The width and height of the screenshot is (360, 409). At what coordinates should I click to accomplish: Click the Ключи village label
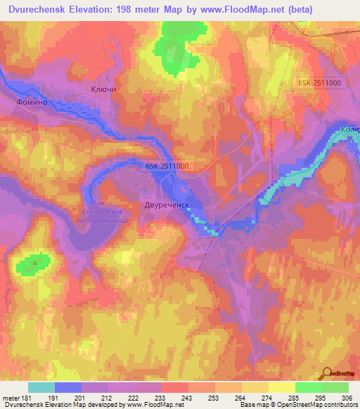(103, 90)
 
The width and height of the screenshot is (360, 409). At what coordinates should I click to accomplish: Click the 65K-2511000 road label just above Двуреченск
(167, 166)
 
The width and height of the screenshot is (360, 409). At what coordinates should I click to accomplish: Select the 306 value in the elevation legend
(349, 397)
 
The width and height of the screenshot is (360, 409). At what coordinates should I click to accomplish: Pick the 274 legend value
(269, 397)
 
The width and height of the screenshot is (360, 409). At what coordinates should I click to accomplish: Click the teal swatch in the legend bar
(41, 387)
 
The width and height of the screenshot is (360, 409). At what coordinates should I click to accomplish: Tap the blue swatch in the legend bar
(68, 387)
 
